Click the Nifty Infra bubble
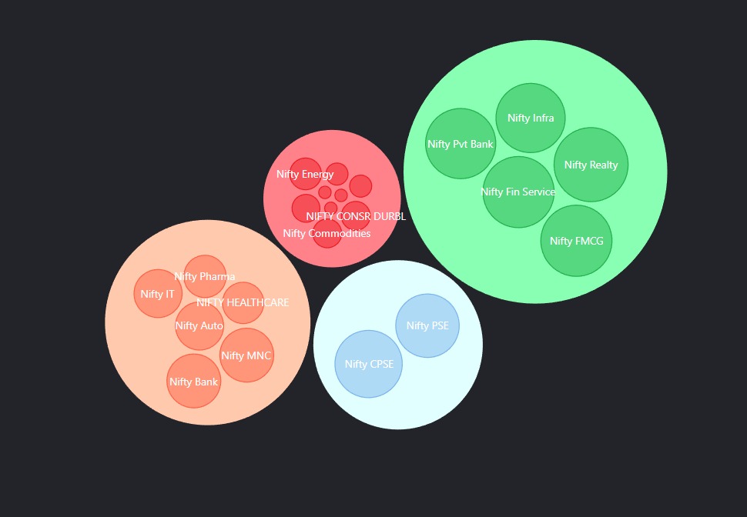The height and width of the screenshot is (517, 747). click(x=531, y=118)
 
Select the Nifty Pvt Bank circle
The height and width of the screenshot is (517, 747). click(x=461, y=144)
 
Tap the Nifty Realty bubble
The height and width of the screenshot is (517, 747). click(x=591, y=165)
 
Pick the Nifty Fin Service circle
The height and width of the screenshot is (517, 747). click(x=518, y=192)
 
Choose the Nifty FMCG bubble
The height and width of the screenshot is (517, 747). click(x=577, y=241)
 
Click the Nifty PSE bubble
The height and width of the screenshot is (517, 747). click(x=427, y=325)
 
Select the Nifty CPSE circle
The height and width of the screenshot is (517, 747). click(x=369, y=364)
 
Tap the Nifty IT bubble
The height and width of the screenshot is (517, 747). click(x=158, y=294)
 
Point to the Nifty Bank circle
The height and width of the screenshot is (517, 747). click(x=193, y=382)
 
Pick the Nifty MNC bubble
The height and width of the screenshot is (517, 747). click(x=246, y=355)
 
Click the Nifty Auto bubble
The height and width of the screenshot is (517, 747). click(x=199, y=326)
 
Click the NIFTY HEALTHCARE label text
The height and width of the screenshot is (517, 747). click(x=243, y=303)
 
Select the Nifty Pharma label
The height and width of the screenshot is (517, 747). click(x=204, y=277)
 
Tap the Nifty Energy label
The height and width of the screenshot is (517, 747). click(x=305, y=174)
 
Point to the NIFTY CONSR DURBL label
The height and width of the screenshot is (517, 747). click(x=356, y=217)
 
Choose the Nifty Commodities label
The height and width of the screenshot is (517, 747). click(x=327, y=233)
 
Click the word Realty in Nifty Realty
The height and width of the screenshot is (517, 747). click(x=604, y=165)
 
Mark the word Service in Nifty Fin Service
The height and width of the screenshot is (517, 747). click(x=537, y=192)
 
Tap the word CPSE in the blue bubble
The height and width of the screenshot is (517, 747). click(x=382, y=364)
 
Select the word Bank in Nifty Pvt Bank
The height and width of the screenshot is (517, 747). click(x=481, y=144)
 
